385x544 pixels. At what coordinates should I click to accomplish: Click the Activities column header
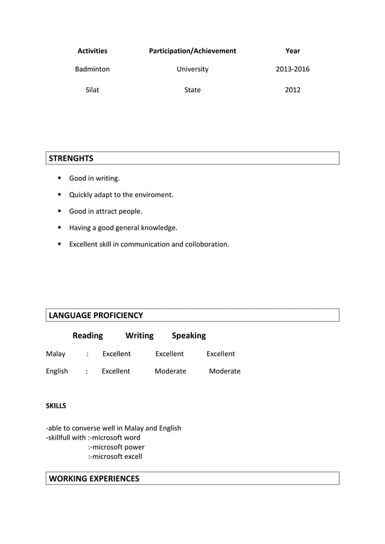tap(92, 51)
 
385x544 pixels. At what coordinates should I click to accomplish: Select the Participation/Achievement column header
tap(192, 51)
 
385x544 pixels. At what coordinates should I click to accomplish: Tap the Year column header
tap(293, 51)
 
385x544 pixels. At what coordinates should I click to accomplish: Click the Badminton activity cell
tap(92, 69)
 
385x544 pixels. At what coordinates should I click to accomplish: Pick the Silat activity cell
tap(92, 90)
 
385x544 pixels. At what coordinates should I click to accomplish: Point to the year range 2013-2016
tap(293, 69)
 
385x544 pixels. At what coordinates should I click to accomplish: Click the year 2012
tap(293, 90)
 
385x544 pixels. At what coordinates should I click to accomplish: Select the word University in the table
tap(192, 69)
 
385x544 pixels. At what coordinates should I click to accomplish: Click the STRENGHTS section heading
tap(71, 158)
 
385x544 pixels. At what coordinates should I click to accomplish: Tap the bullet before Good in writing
tap(60, 178)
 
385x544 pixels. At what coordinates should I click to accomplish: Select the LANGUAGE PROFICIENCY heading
tap(95, 315)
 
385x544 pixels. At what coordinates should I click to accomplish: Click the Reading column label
tap(87, 335)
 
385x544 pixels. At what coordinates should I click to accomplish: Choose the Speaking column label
tap(188, 335)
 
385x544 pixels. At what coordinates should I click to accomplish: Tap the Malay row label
tap(56, 354)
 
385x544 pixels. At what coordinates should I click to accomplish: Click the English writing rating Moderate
tap(170, 371)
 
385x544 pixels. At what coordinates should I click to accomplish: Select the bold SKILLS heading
tap(56, 405)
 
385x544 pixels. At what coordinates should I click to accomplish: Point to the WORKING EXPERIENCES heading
tap(94, 478)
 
